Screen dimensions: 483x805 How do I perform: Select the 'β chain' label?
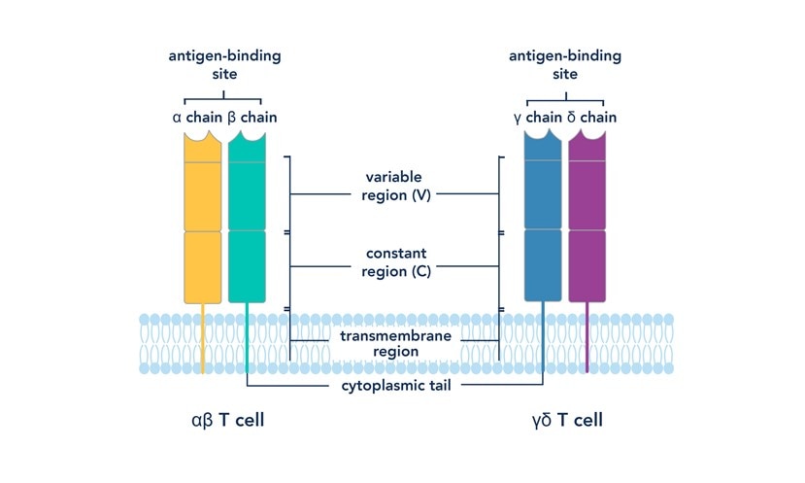251,119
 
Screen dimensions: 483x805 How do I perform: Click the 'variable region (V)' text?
396,187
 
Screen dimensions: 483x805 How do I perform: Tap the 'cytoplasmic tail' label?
396,385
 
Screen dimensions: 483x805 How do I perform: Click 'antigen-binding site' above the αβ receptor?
223,63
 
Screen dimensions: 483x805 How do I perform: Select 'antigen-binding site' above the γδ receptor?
565,63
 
